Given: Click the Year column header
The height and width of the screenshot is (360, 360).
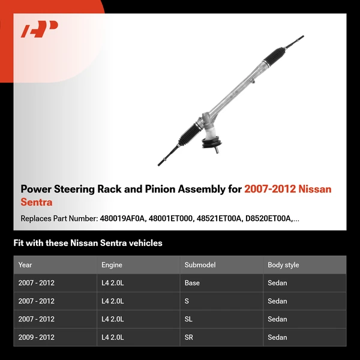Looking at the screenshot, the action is (x=25, y=265).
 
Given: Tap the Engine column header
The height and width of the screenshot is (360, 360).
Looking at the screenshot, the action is (x=112, y=265).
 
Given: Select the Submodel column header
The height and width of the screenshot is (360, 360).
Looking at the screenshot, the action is (x=200, y=265).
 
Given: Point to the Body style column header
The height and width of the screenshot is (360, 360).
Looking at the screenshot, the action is (x=283, y=265).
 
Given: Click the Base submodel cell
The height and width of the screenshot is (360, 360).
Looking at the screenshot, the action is (x=193, y=283).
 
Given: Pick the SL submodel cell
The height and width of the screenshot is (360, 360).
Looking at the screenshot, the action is (x=189, y=319).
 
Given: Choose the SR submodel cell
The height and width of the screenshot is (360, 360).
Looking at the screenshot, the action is (x=189, y=337).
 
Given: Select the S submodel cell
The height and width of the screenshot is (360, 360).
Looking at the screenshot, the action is (x=187, y=301).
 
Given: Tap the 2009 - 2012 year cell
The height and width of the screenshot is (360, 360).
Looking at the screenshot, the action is (x=36, y=337).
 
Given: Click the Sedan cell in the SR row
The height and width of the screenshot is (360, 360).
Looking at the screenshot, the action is (x=277, y=337).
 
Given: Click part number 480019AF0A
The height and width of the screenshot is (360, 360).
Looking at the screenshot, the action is (x=122, y=218).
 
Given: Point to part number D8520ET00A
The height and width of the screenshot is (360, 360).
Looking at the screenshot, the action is (x=269, y=218).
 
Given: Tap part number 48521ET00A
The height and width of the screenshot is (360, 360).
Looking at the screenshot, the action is (x=219, y=218).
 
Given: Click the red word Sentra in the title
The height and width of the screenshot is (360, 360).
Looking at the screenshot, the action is (x=36, y=202).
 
